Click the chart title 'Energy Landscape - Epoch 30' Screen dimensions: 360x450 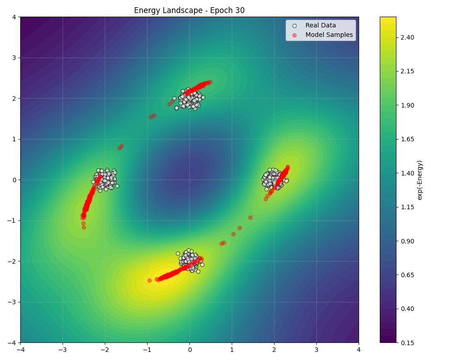click(189, 10)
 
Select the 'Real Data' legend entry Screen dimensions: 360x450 click(320, 26)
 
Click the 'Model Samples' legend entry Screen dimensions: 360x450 click(329, 35)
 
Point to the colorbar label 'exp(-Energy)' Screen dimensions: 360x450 click(420, 180)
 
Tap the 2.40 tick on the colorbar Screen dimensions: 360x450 click(408, 37)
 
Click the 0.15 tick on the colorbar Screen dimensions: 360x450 click(408, 342)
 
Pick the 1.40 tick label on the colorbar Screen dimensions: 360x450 click(408, 173)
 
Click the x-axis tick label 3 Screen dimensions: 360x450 click(316, 350)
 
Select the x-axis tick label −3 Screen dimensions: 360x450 click(62, 350)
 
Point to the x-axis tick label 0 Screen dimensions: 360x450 click(189, 350)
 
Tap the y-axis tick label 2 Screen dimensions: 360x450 click(14, 98)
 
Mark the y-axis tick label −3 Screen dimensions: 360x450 click(12, 302)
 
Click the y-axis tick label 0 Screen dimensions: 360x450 click(14, 180)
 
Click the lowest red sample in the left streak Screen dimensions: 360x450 click(84, 227)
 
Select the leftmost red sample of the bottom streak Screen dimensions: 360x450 click(149, 280)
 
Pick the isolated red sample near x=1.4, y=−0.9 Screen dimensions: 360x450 click(250, 217)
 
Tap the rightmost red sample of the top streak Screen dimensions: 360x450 click(210, 82)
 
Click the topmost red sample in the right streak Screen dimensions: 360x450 click(288, 166)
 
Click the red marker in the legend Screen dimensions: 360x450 click(294, 35)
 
